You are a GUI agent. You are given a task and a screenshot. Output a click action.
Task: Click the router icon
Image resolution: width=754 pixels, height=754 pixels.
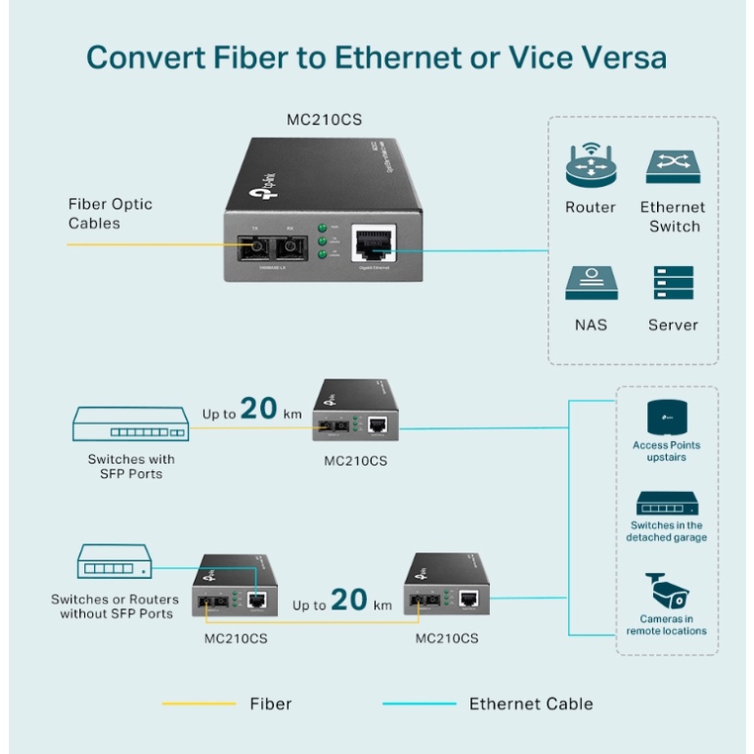click(x=591, y=166)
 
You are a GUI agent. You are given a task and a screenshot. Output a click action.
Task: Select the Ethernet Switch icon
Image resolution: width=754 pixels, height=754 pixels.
click(x=672, y=166)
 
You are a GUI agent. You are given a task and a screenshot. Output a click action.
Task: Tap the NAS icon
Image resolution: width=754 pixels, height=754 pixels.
click(x=591, y=283)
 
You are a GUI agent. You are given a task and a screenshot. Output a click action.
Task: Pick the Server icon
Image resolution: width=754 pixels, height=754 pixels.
click(x=673, y=283)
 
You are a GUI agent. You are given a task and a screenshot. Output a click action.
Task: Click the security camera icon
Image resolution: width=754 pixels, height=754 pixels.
click(x=666, y=591)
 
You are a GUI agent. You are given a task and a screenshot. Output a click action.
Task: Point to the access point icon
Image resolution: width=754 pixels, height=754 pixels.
click(x=666, y=418)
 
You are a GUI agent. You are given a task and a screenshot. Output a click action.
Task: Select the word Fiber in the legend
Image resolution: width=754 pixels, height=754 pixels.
click(x=270, y=705)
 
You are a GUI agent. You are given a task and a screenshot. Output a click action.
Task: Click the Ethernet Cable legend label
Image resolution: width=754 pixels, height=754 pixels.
click(x=530, y=705)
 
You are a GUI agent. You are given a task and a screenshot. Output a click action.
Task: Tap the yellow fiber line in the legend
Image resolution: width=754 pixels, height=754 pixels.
click(x=198, y=705)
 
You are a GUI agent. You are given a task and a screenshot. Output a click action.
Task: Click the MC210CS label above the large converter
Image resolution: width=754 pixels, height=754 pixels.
click(x=324, y=120)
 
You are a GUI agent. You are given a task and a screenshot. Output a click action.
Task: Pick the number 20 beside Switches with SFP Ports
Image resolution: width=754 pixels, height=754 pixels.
click(x=259, y=409)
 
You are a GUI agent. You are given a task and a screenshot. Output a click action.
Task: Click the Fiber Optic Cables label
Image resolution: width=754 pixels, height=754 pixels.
click(x=110, y=214)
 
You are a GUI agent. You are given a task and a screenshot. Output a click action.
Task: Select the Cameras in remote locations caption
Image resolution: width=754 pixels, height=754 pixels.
click(x=666, y=625)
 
